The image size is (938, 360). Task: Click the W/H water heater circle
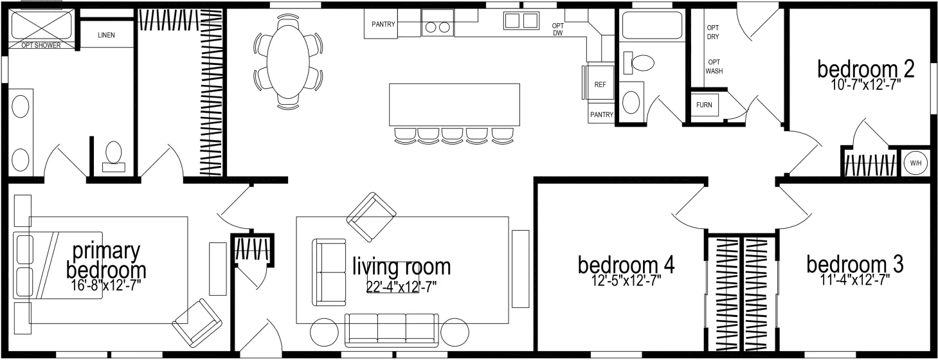pyautogui.click(x=915, y=163)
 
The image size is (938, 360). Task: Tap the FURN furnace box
pyautogui.click(x=703, y=105)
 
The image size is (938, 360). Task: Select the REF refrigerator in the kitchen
pyautogui.click(x=600, y=84)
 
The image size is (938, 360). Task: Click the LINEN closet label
pyautogui.click(x=107, y=35)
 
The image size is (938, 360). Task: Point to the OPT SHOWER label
pyautogui.click(x=41, y=46)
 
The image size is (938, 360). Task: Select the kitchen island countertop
pyautogui.click(x=454, y=105)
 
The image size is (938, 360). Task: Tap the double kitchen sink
pyautogui.click(x=521, y=21)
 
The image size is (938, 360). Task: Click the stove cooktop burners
pyautogui.click(x=437, y=27)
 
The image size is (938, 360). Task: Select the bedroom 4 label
pyautogui.click(x=626, y=264)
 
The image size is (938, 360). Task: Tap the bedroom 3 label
pyautogui.click(x=854, y=264)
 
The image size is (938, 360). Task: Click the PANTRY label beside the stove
pyautogui.click(x=383, y=25)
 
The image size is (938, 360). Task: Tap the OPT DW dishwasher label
pyautogui.click(x=559, y=30)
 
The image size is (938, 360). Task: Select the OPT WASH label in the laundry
pyautogui.click(x=714, y=66)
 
